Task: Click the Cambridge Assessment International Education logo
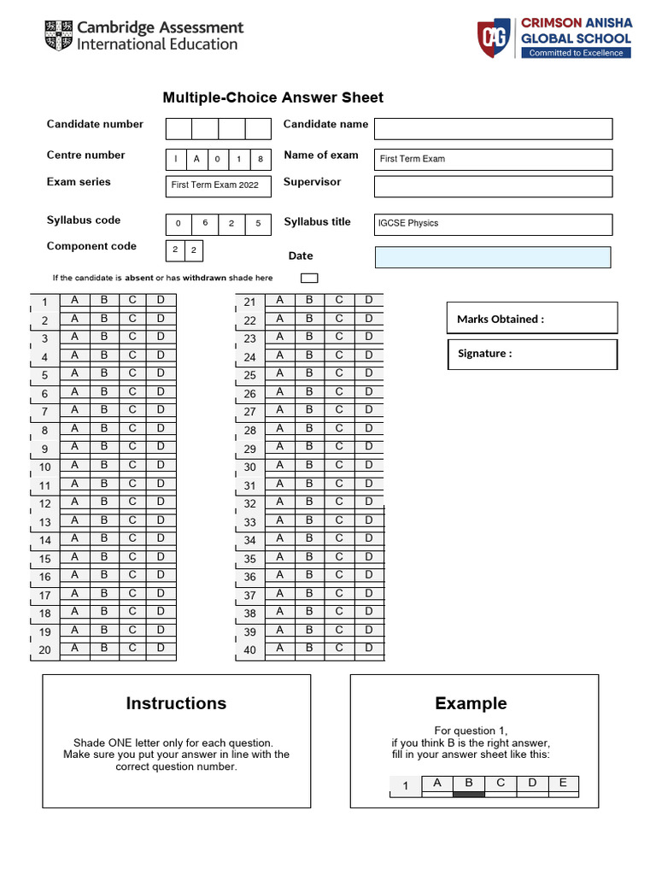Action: (143, 36)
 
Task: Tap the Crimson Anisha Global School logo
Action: (554, 39)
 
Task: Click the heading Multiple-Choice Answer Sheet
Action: (273, 97)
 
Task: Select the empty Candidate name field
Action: (493, 128)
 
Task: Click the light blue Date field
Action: (493, 257)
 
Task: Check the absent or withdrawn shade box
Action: (309, 278)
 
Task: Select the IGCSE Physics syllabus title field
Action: (493, 224)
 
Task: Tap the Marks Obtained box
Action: (531, 318)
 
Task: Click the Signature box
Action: (531, 354)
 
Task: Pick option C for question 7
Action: (132, 410)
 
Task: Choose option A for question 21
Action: (279, 300)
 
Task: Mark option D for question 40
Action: (369, 648)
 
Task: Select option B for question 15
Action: (103, 557)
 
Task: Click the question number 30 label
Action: (249, 467)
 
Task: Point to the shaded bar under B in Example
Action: (468, 794)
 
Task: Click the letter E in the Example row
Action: (562, 783)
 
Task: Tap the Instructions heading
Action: (176, 703)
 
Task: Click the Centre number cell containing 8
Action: (260, 159)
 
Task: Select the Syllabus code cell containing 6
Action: (205, 223)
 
